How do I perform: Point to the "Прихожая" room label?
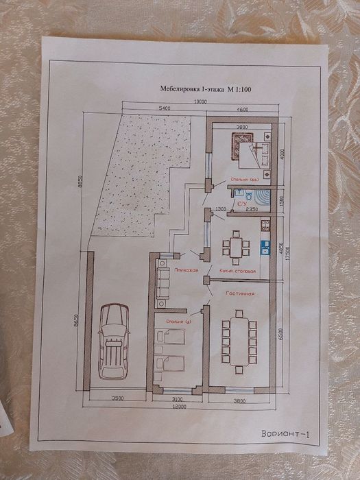(x=185, y=271)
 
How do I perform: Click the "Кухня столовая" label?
(x=237, y=271)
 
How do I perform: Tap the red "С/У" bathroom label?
(x=241, y=204)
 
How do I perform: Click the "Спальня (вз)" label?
(x=245, y=180)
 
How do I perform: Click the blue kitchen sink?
(x=262, y=245)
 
